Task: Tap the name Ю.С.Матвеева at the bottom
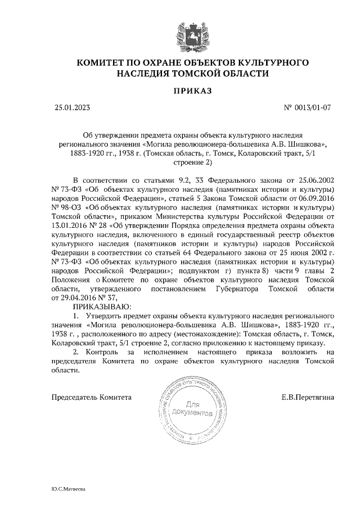click(68, 490)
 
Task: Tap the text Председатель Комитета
click(92, 397)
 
